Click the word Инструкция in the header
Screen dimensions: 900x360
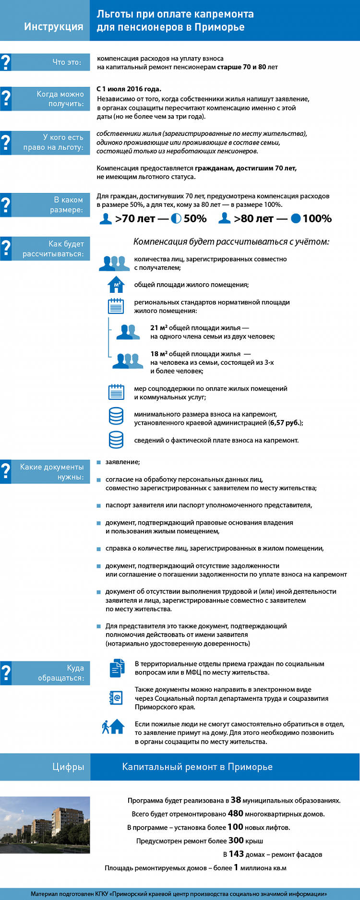(x=54, y=26)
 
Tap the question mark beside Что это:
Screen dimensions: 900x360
(x=5, y=62)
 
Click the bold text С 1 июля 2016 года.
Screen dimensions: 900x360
(x=129, y=89)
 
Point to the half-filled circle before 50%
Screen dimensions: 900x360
(x=176, y=218)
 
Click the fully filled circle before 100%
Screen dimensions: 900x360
(x=296, y=218)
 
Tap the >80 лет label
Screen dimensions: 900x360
(x=253, y=218)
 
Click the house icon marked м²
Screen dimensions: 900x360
(x=116, y=284)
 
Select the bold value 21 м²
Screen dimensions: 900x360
(x=159, y=328)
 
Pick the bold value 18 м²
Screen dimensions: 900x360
(x=159, y=354)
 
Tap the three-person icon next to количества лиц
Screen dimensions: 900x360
(x=114, y=263)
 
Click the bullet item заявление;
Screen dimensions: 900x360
(x=122, y=462)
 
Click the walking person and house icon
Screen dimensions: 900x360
(x=113, y=727)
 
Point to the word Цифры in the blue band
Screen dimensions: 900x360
(x=68, y=767)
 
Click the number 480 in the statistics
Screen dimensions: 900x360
(x=236, y=813)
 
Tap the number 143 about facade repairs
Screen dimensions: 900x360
(x=237, y=853)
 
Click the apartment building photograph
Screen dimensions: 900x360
(x=45, y=825)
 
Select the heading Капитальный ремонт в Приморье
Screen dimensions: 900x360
(x=197, y=767)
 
